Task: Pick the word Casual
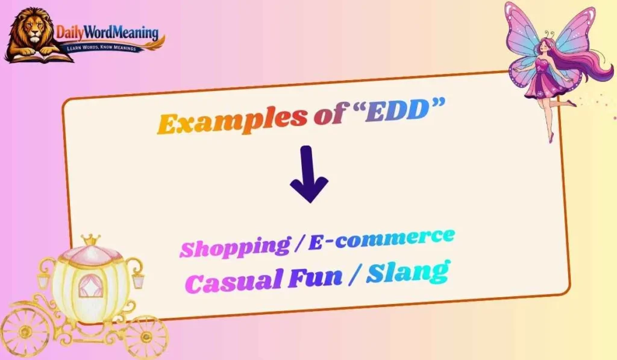coord(239,280)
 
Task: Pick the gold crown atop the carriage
coord(90,241)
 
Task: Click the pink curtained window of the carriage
coord(91,286)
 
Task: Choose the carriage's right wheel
coord(145,335)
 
